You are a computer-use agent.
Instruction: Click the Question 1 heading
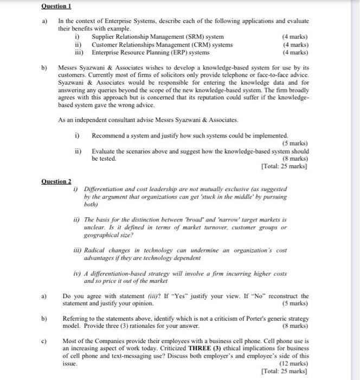point(56,6)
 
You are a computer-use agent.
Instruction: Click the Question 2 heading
point(56,180)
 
